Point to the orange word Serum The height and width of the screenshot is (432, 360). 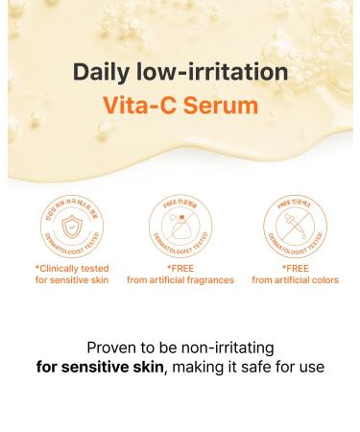pos(228,106)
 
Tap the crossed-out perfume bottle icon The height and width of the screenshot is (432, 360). pos(180,226)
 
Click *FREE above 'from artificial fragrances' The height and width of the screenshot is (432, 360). pos(180,268)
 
